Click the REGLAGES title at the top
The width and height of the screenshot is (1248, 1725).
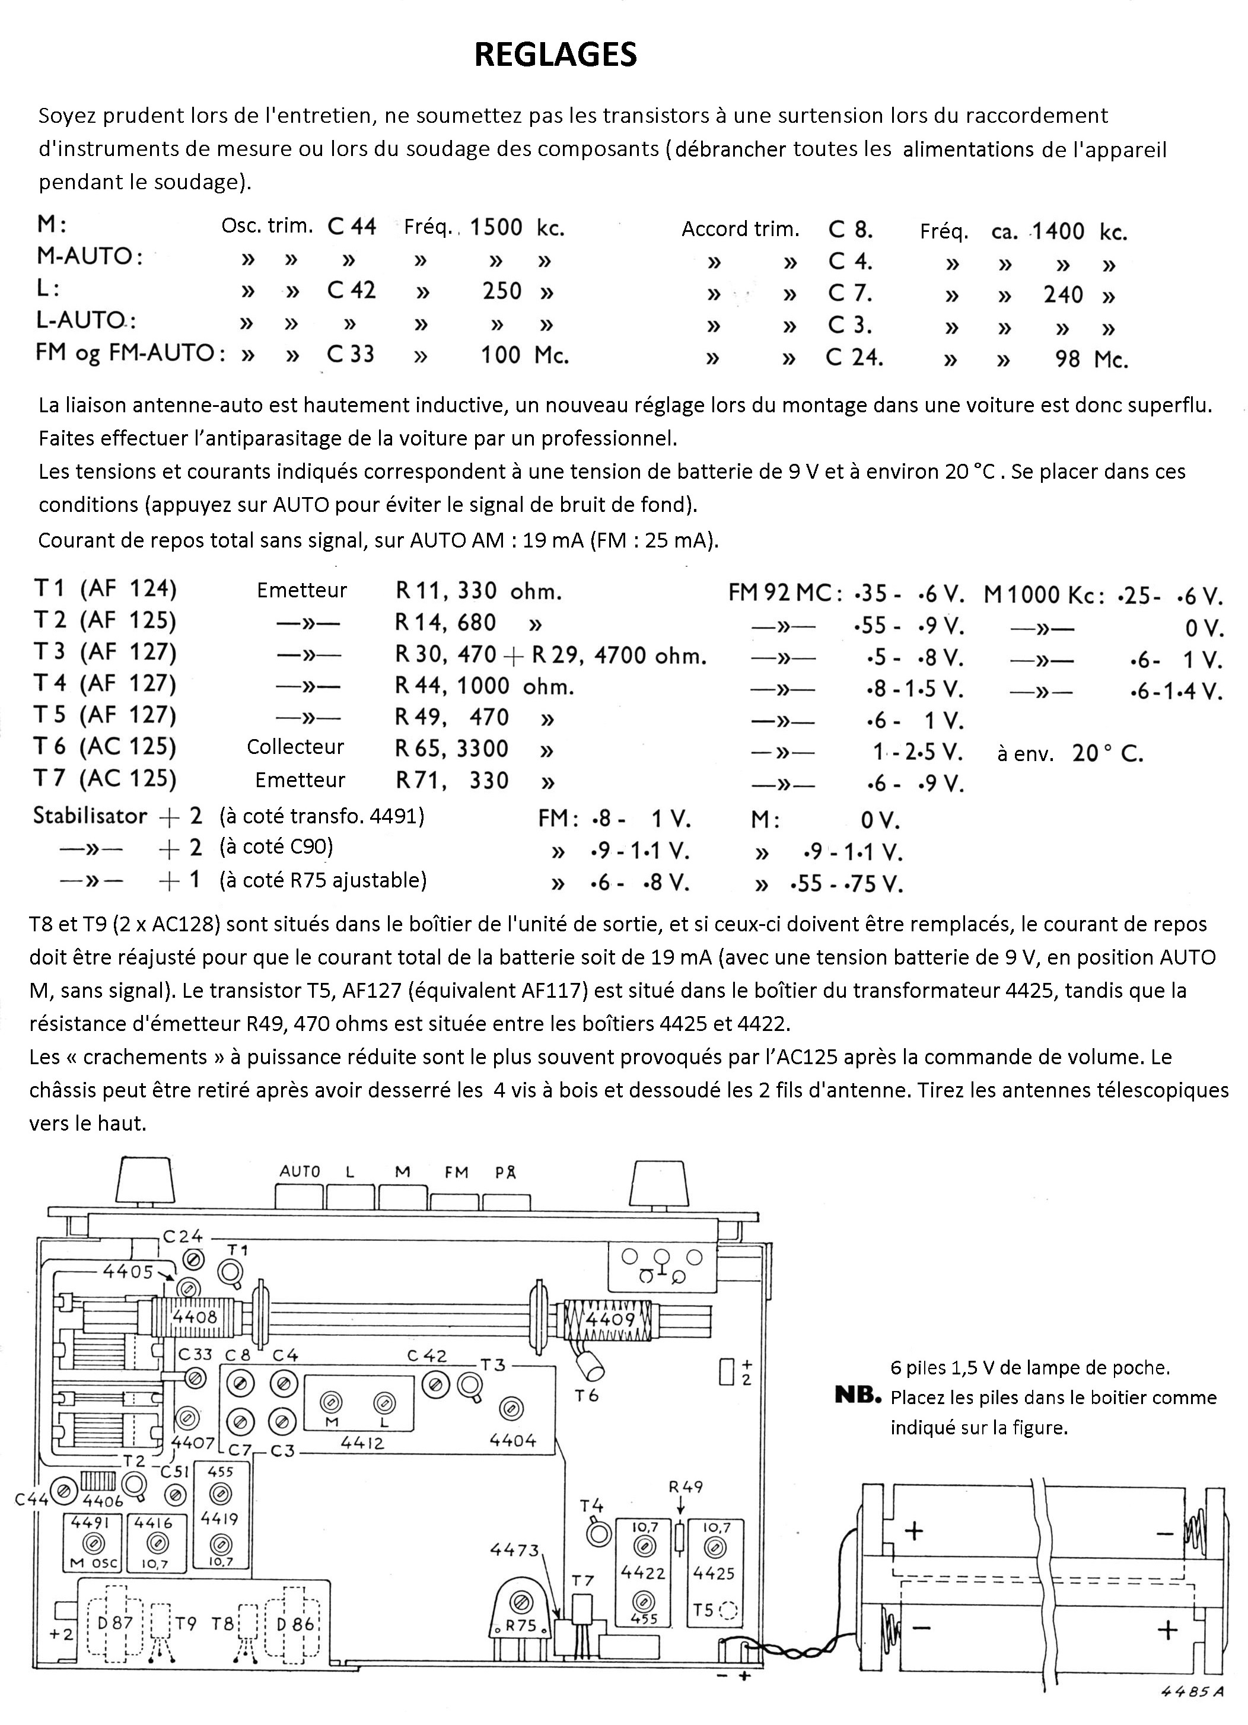555,55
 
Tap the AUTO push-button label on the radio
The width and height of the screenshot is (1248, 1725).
300,1172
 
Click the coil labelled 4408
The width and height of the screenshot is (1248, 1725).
195,1316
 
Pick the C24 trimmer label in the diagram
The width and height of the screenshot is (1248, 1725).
183,1237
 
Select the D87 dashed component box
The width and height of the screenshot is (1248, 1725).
115,1622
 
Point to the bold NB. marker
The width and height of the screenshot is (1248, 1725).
858,1396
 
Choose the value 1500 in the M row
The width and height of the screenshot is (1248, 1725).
496,227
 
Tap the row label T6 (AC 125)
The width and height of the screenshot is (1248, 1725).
105,747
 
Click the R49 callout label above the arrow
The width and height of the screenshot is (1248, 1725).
685,1486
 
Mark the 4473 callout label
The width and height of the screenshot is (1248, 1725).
515,1549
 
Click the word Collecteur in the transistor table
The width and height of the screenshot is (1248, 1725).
295,747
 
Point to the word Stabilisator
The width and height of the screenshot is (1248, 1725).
90,816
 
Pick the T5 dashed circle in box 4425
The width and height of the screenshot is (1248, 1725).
728,1610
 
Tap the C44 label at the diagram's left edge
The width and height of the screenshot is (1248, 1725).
31,1500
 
